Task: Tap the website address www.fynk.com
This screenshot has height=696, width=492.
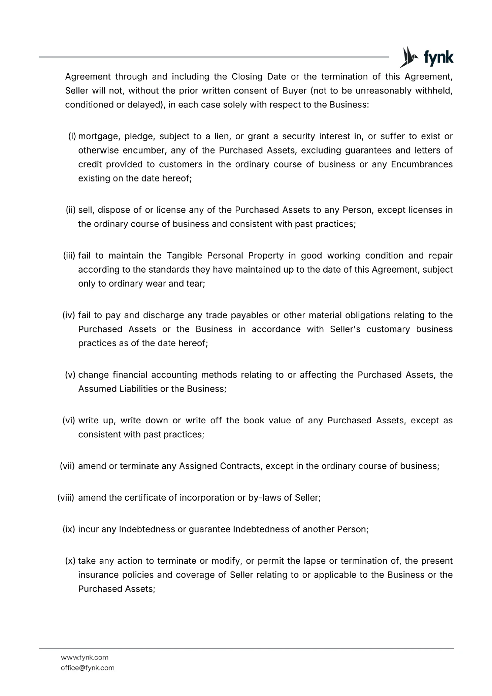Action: coord(84,657)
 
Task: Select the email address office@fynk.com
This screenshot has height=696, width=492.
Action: coord(87,668)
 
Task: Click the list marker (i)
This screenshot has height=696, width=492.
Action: coord(72,137)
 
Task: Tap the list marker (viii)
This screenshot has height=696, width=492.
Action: coord(66,498)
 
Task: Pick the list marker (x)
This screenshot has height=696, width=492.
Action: coord(70,561)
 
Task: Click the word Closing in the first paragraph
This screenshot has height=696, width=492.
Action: coord(247,77)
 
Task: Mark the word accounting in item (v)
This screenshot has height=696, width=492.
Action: coord(173,375)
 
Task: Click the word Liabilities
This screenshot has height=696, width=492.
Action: coord(138,389)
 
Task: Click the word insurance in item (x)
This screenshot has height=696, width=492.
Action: coord(97,575)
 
